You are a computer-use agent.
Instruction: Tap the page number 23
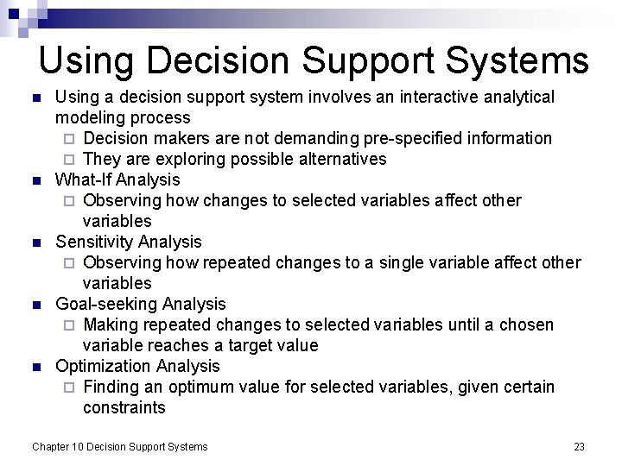[579, 446]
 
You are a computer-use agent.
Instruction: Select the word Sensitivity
[94, 242]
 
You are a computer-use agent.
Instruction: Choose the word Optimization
[105, 366]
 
